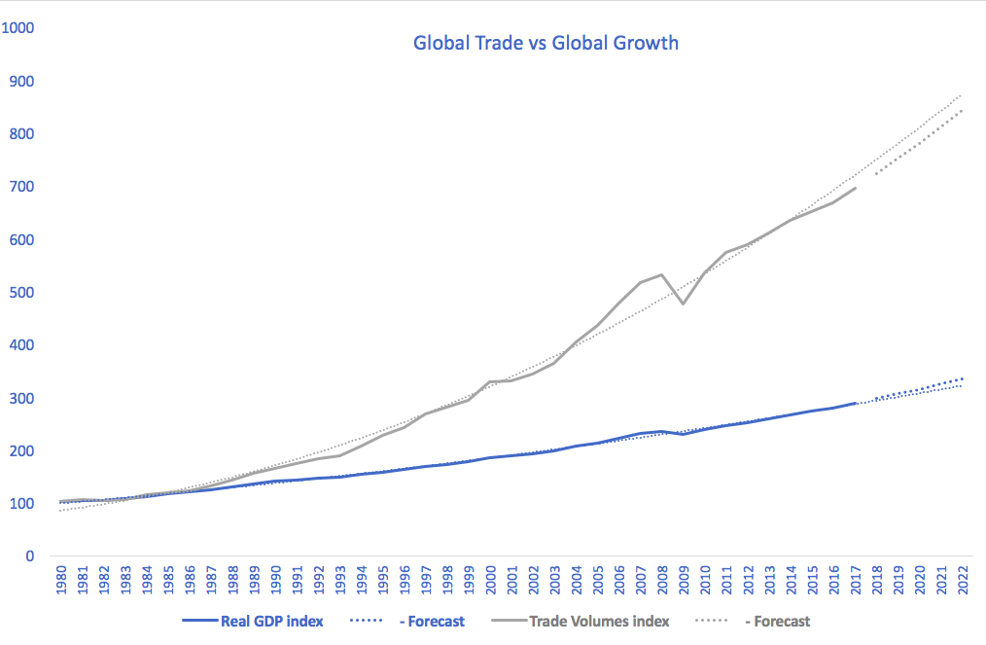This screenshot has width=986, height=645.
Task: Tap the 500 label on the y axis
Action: (22, 293)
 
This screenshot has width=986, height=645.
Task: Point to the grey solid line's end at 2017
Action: (856, 188)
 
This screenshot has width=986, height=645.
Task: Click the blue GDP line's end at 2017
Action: (856, 403)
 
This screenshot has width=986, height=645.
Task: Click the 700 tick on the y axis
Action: (22, 187)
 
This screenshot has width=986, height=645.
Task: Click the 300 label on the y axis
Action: (22, 399)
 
